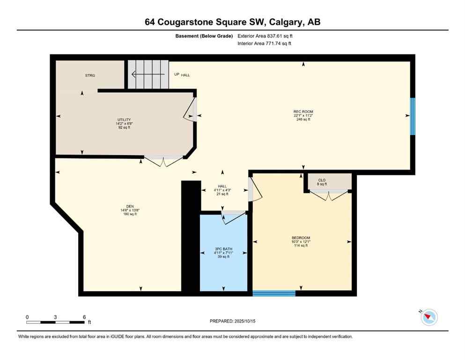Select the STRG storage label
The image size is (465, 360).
(90, 75)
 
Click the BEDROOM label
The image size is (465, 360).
(301, 238)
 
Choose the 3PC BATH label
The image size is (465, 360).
(223, 249)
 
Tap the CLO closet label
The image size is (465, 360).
(322, 180)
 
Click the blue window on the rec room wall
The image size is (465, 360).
(413, 116)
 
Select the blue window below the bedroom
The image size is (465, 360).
(274, 293)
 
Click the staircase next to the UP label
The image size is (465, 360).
(148, 75)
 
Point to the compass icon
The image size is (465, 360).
(429, 317)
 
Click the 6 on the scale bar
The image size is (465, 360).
(84, 317)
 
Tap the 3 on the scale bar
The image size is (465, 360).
(55, 317)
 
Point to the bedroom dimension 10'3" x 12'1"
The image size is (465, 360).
(301, 241)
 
